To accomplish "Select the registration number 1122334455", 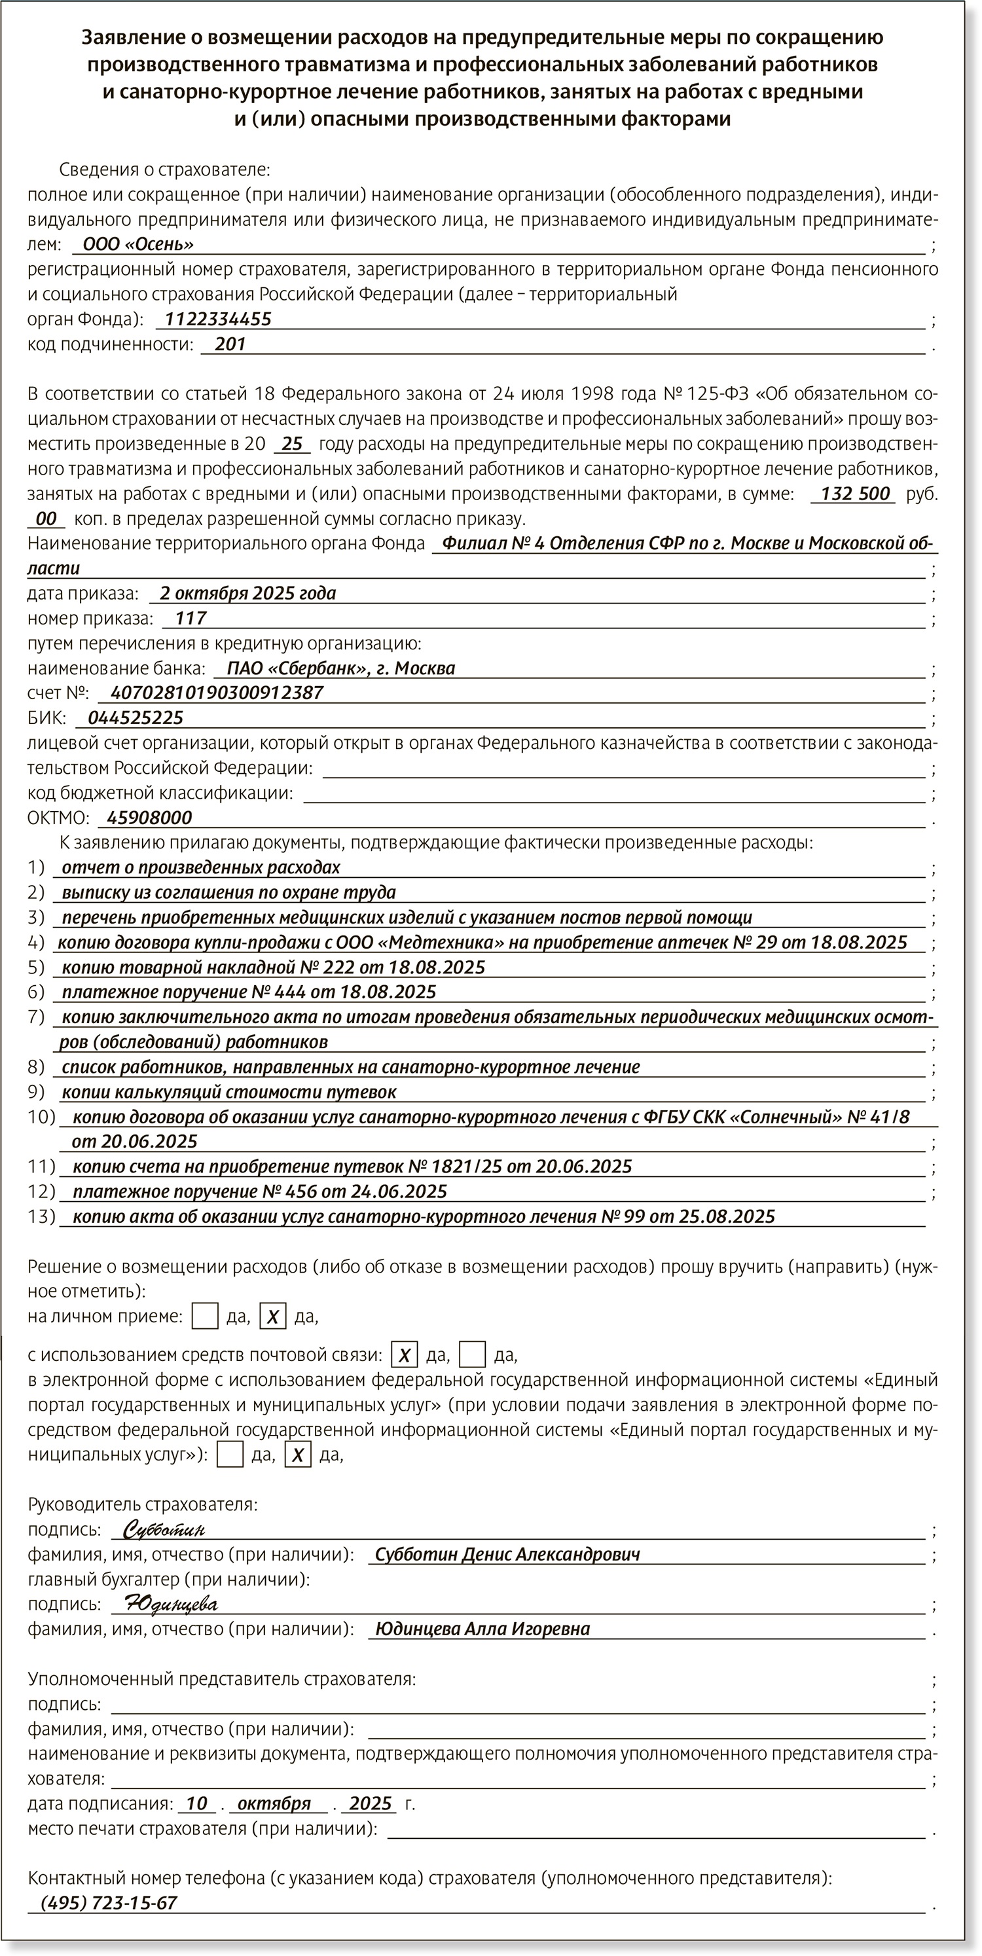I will pos(218,319).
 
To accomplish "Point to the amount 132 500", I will pos(854,494).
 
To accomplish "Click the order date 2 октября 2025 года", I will pos(247,593).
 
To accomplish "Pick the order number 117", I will pos(190,618).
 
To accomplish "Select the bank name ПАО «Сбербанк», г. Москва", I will pos(341,668).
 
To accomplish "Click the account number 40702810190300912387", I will pos(217,693).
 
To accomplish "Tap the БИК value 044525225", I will pos(136,717).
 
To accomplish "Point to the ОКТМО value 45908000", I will pos(150,818).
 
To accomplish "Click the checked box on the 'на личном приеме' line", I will pos(272,1316).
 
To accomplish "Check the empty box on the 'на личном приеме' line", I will pos(205,1316).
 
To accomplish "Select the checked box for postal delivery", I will pos(404,1354).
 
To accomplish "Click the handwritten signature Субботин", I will pos(163,1529).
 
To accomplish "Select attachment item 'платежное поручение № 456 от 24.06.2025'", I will pos(260,1191).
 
